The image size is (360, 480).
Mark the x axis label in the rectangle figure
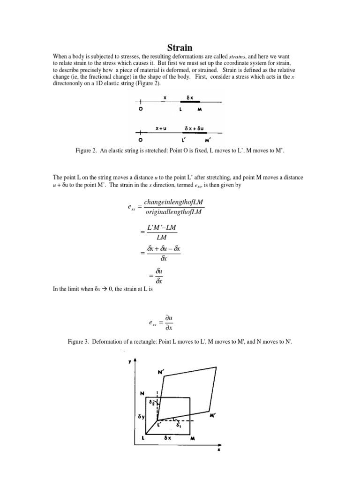[218, 450]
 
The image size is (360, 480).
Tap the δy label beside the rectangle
[141, 415]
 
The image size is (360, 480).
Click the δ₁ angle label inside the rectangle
[180, 427]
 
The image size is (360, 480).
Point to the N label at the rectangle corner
[142, 393]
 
